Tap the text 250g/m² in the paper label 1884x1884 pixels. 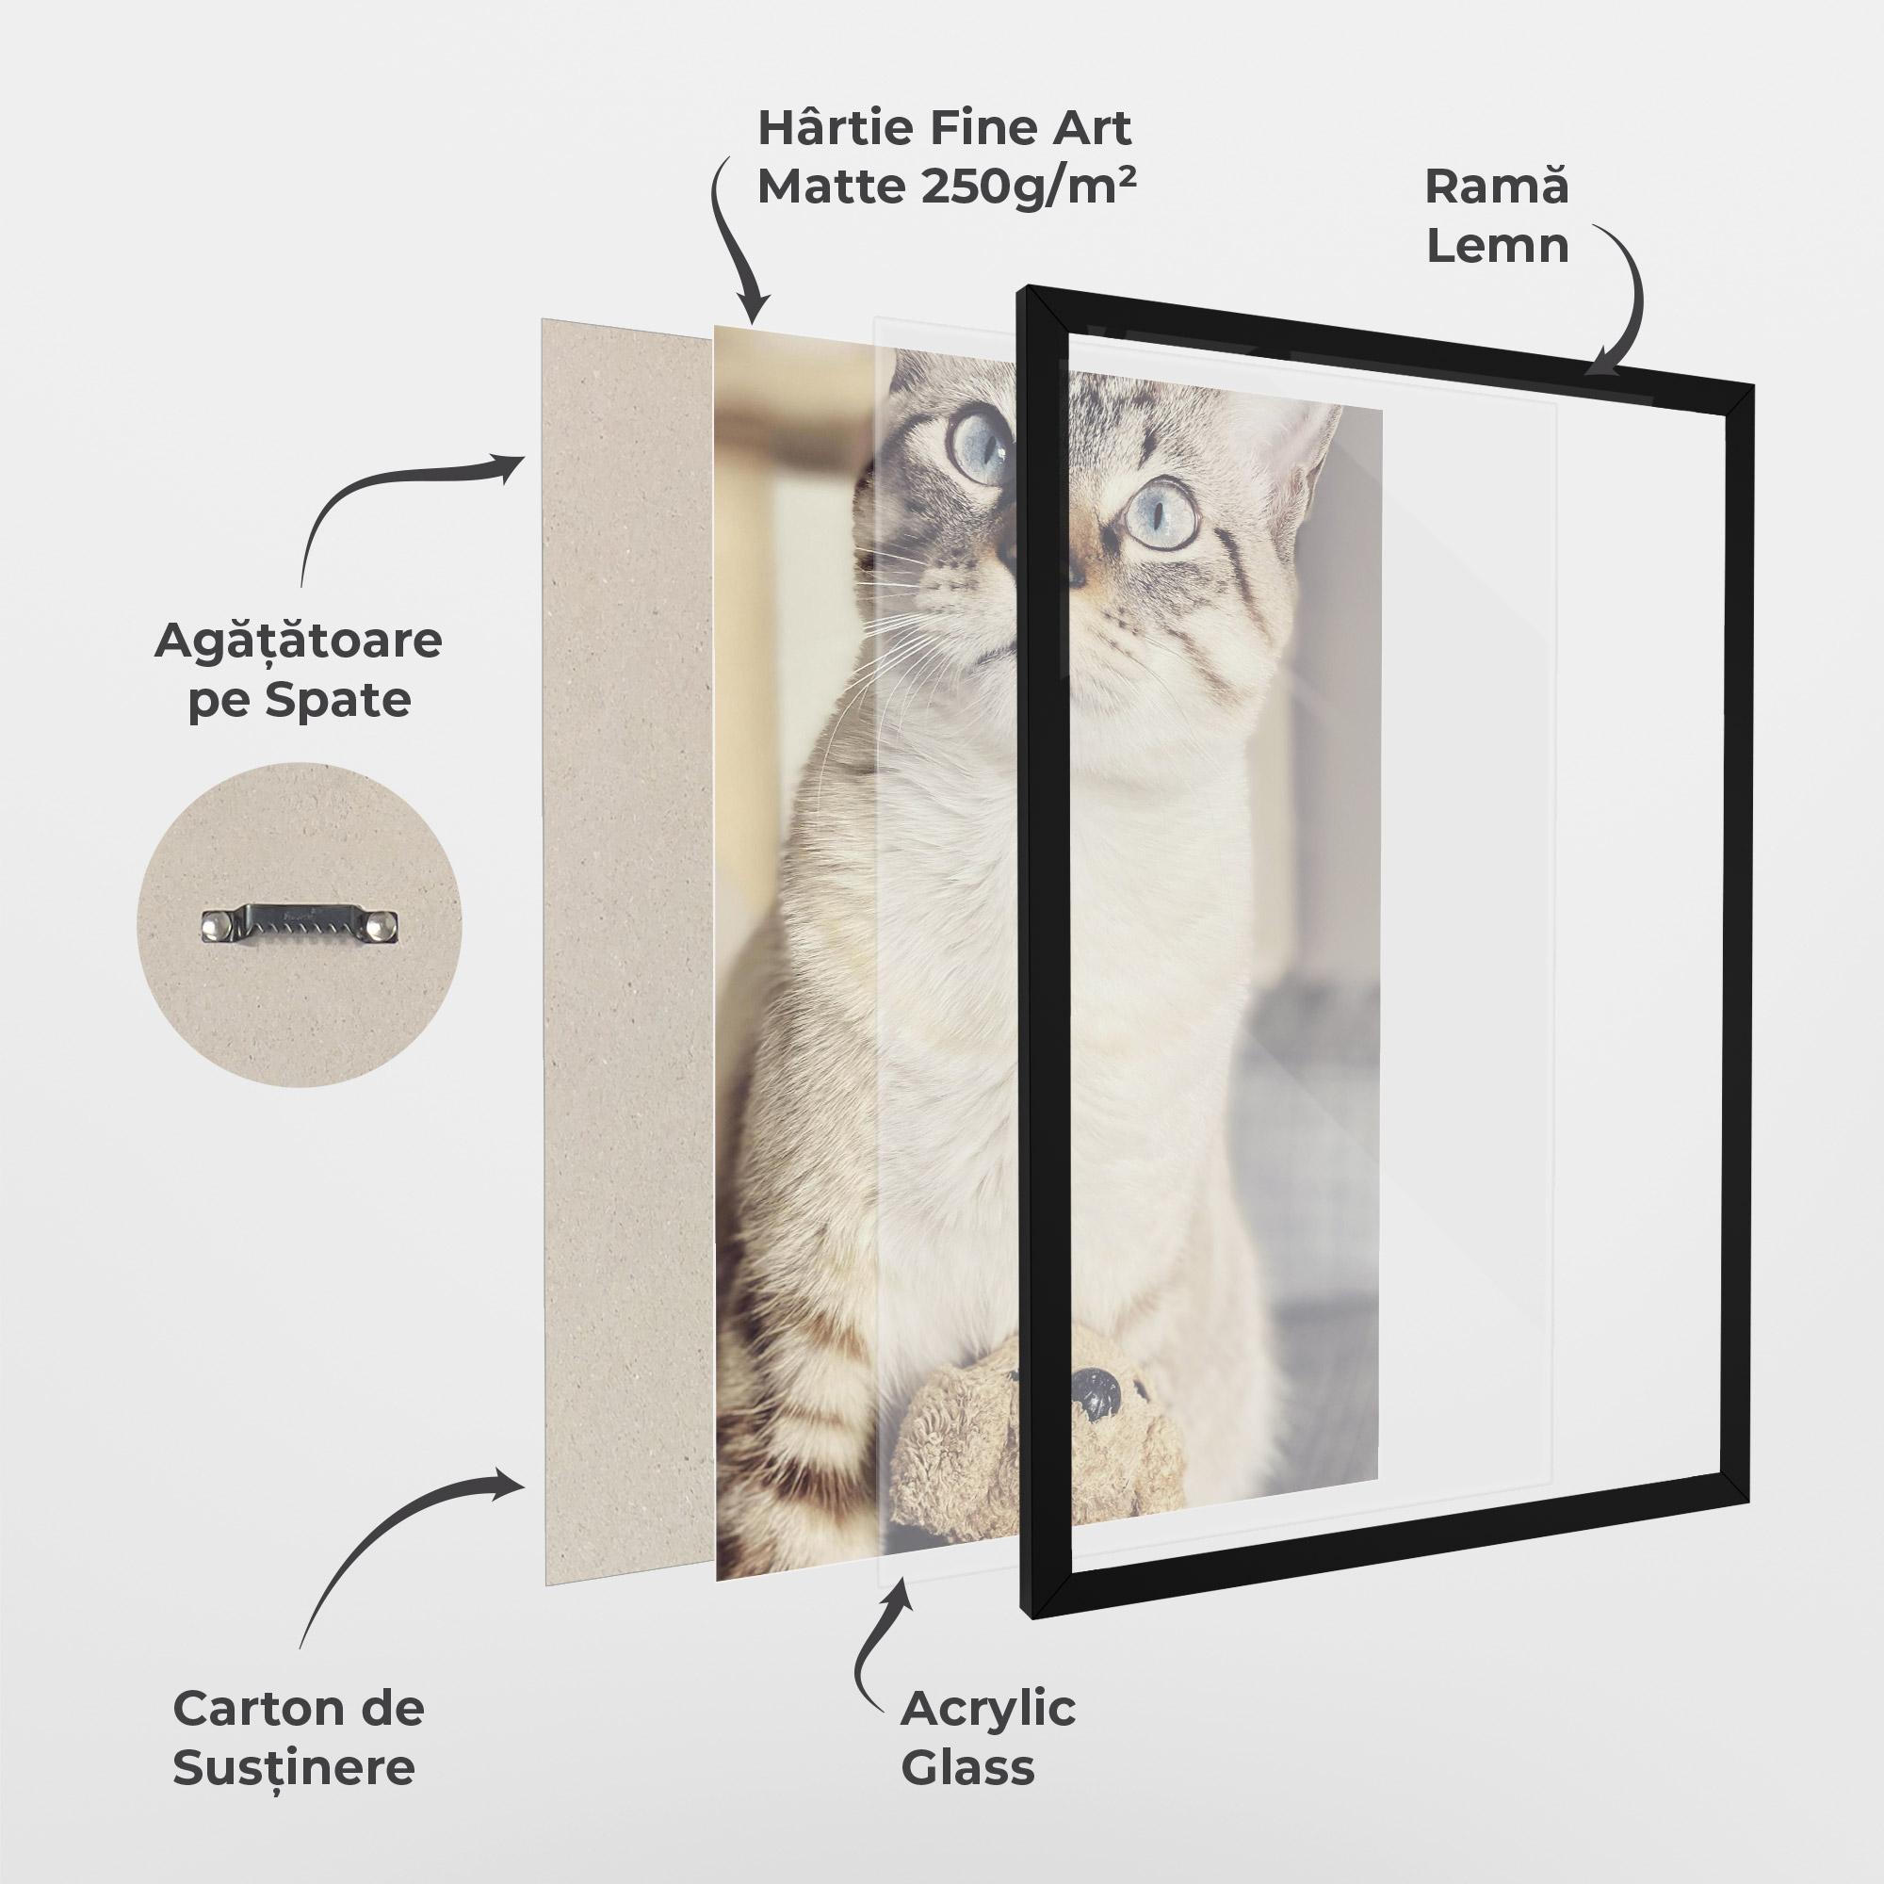1028,187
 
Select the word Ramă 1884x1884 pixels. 1496,187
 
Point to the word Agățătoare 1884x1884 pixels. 298,642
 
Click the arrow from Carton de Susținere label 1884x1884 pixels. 390,1560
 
